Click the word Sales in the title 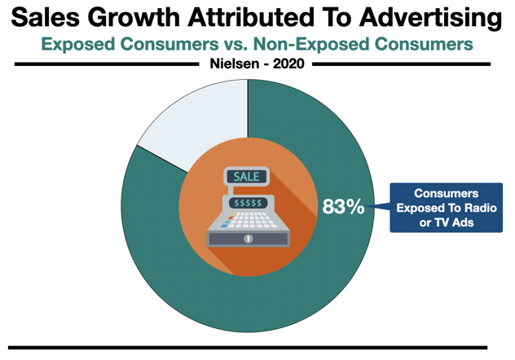pos(46,17)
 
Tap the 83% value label pos(343,207)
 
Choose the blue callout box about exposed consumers pos(445,208)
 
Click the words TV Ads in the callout pos(447,222)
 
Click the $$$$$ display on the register pos(246,202)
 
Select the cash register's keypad pos(246,219)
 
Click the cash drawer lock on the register pos(249,239)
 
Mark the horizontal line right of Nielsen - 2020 pos(399,64)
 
